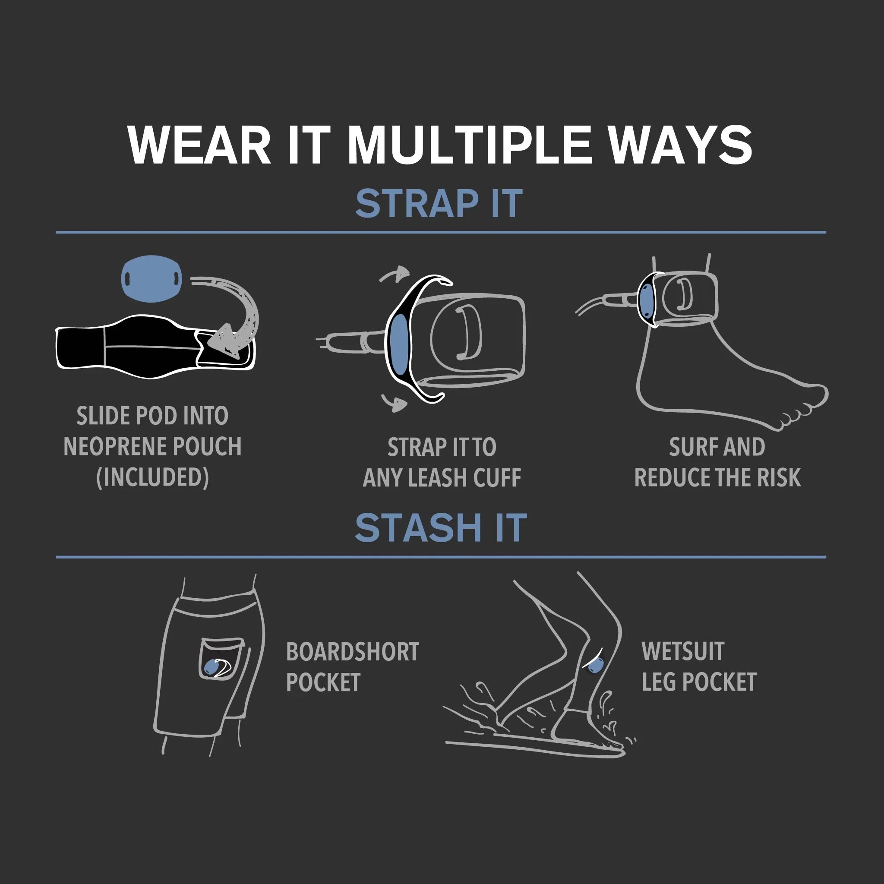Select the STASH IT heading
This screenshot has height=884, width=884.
point(441,528)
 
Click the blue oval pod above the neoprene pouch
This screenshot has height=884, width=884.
point(152,278)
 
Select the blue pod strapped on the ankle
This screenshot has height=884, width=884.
point(647,300)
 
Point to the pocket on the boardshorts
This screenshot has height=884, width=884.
point(221,658)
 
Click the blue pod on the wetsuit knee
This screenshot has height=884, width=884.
point(595,664)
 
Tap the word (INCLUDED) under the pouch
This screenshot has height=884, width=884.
point(152,477)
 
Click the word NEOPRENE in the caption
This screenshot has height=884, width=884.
point(113,447)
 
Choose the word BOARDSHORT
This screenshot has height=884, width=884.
point(352,652)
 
